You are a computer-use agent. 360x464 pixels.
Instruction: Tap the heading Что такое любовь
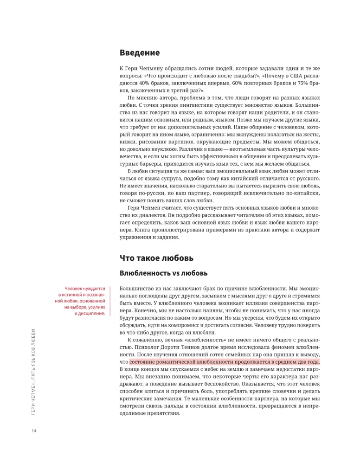tap(156, 258)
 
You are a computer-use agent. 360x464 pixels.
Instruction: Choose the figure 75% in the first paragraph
tap(302, 84)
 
